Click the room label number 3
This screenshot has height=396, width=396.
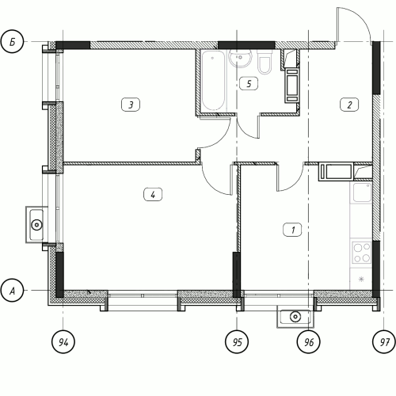coord(131,105)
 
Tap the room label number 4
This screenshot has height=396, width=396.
coord(153,195)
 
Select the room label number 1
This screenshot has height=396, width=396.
coord(292,230)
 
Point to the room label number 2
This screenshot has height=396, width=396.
coord(349,105)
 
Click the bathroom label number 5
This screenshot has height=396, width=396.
coord(249,84)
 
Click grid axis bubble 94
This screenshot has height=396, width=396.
coord(63,341)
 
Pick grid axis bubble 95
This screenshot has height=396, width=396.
coord(237,341)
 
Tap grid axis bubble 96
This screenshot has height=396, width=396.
coord(309,341)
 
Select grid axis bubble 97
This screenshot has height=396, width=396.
coord(384,341)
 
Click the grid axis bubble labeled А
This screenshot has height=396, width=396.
coord(12,291)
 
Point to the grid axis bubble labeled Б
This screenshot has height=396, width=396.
coord(12,42)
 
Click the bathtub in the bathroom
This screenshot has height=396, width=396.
coord(213,80)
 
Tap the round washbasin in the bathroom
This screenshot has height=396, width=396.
coord(240,58)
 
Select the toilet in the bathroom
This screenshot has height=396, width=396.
coord(265,63)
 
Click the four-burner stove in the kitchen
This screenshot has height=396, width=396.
coord(361,253)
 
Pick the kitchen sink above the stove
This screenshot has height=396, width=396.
coord(361,192)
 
